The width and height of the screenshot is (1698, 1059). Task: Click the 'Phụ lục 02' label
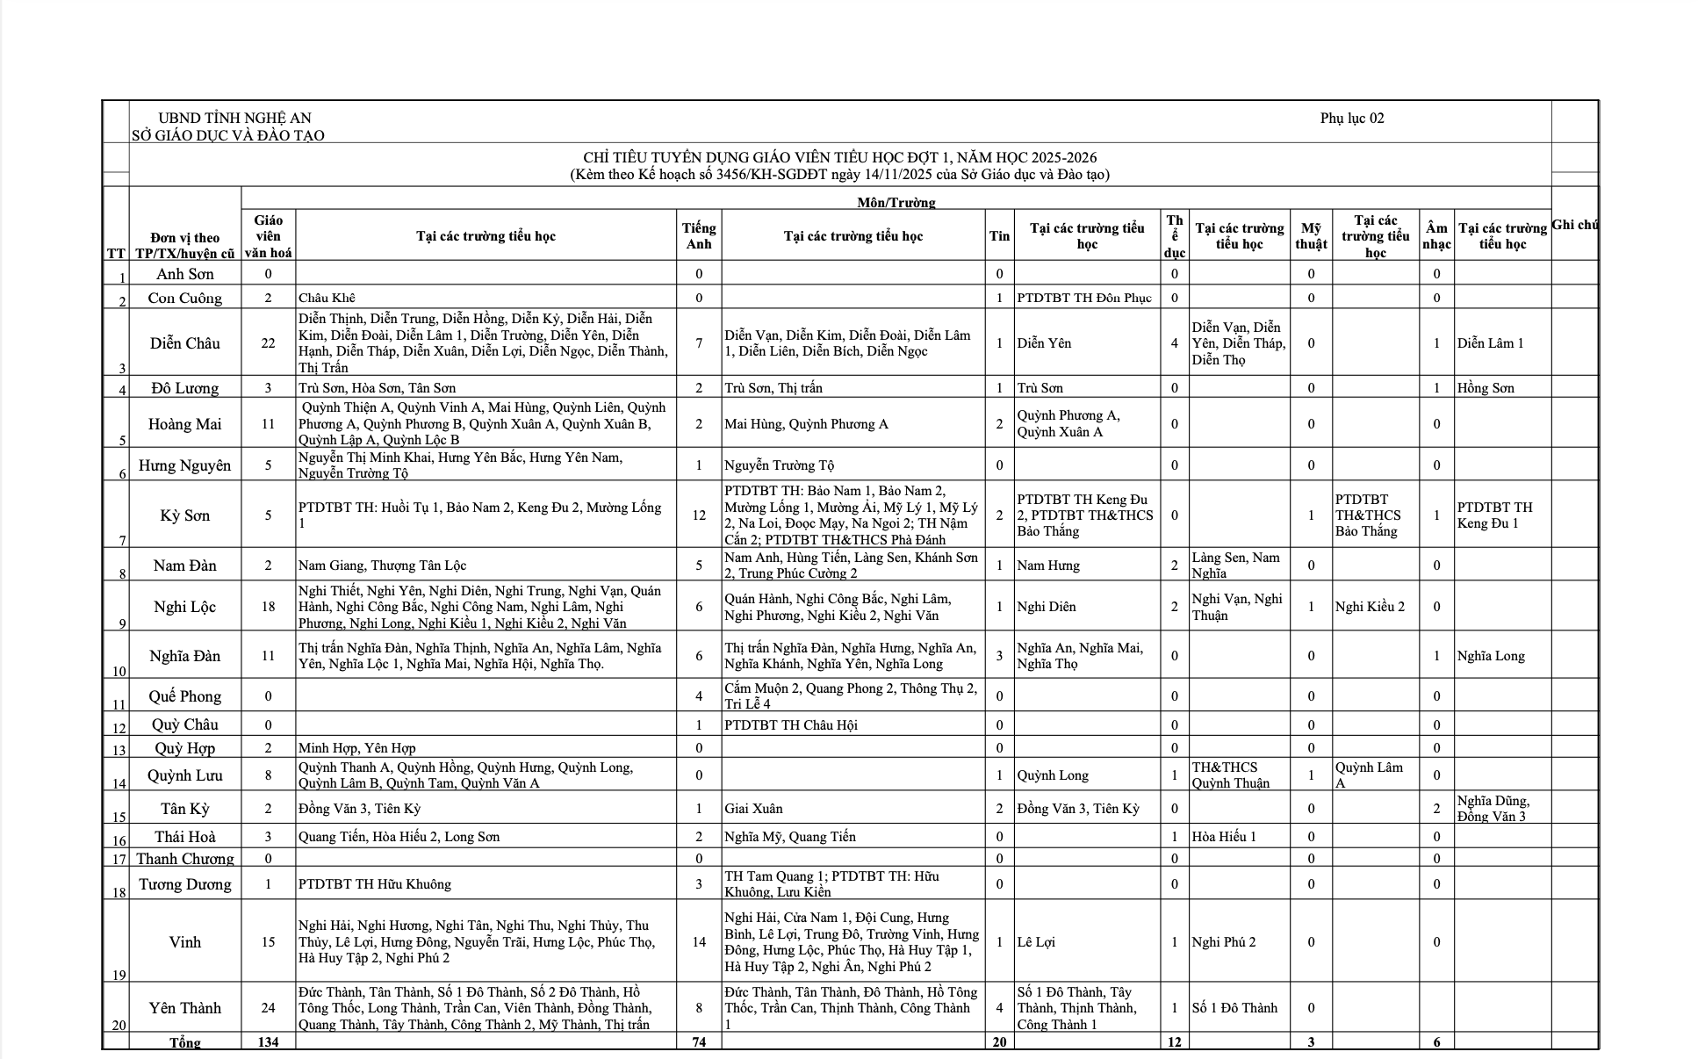1351,119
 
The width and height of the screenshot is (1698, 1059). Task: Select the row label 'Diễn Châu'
184,343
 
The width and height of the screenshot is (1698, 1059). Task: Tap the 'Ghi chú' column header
1574,225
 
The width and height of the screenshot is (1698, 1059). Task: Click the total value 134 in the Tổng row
268,1042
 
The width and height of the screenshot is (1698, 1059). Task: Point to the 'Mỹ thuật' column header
1311,236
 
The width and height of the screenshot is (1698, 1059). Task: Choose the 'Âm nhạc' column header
1436,236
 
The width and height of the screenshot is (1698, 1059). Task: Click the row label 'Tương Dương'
184,884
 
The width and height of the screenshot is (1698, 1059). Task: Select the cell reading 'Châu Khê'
327,298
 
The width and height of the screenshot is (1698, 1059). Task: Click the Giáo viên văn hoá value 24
268,1008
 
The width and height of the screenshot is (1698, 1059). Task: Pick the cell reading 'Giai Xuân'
753,809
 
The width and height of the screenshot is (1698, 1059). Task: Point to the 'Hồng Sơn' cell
1486,388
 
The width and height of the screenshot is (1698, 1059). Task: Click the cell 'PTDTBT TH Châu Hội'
790,725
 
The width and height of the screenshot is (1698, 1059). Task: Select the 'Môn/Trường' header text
896,202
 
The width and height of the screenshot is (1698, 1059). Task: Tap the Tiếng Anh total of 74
699,1042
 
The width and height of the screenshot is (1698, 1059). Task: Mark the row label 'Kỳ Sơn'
184,515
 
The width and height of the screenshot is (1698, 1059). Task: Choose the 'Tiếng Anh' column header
699,236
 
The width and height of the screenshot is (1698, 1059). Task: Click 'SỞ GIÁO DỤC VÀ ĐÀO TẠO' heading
227,135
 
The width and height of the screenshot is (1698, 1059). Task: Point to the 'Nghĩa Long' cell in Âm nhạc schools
1491,656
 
